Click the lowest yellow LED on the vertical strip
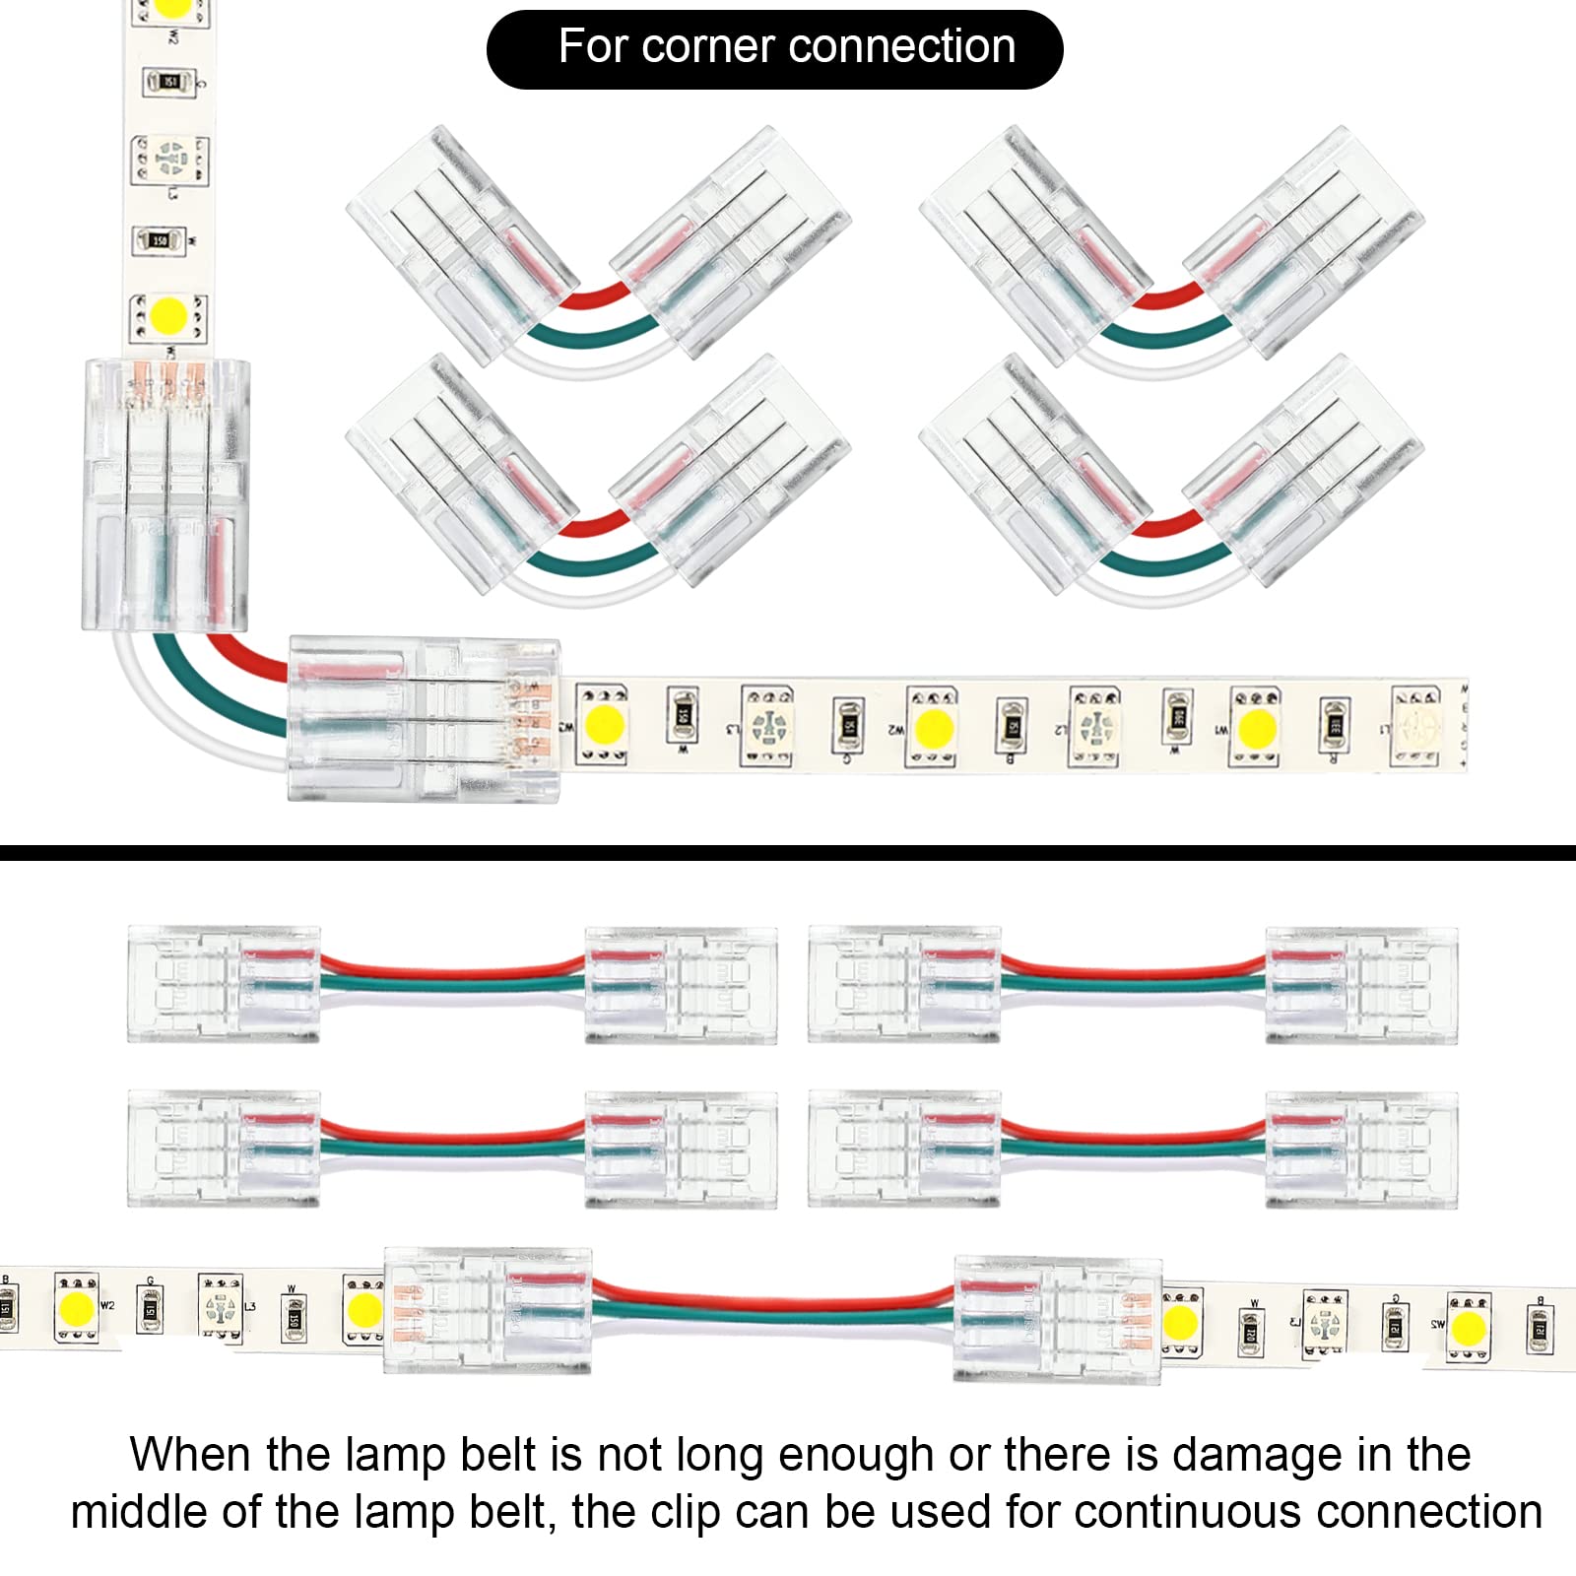pyautogui.click(x=169, y=318)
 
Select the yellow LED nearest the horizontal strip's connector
pyautogui.click(x=604, y=725)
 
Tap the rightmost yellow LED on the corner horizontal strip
pyautogui.click(x=1256, y=729)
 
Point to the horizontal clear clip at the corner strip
pyautogui.click(x=424, y=719)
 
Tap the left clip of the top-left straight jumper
pyautogui.click(x=224, y=983)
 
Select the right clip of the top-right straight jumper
pyautogui.click(x=1360, y=983)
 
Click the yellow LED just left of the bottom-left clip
pyautogui.click(x=363, y=1310)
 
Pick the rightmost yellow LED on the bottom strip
pyautogui.click(x=1468, y=1328)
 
